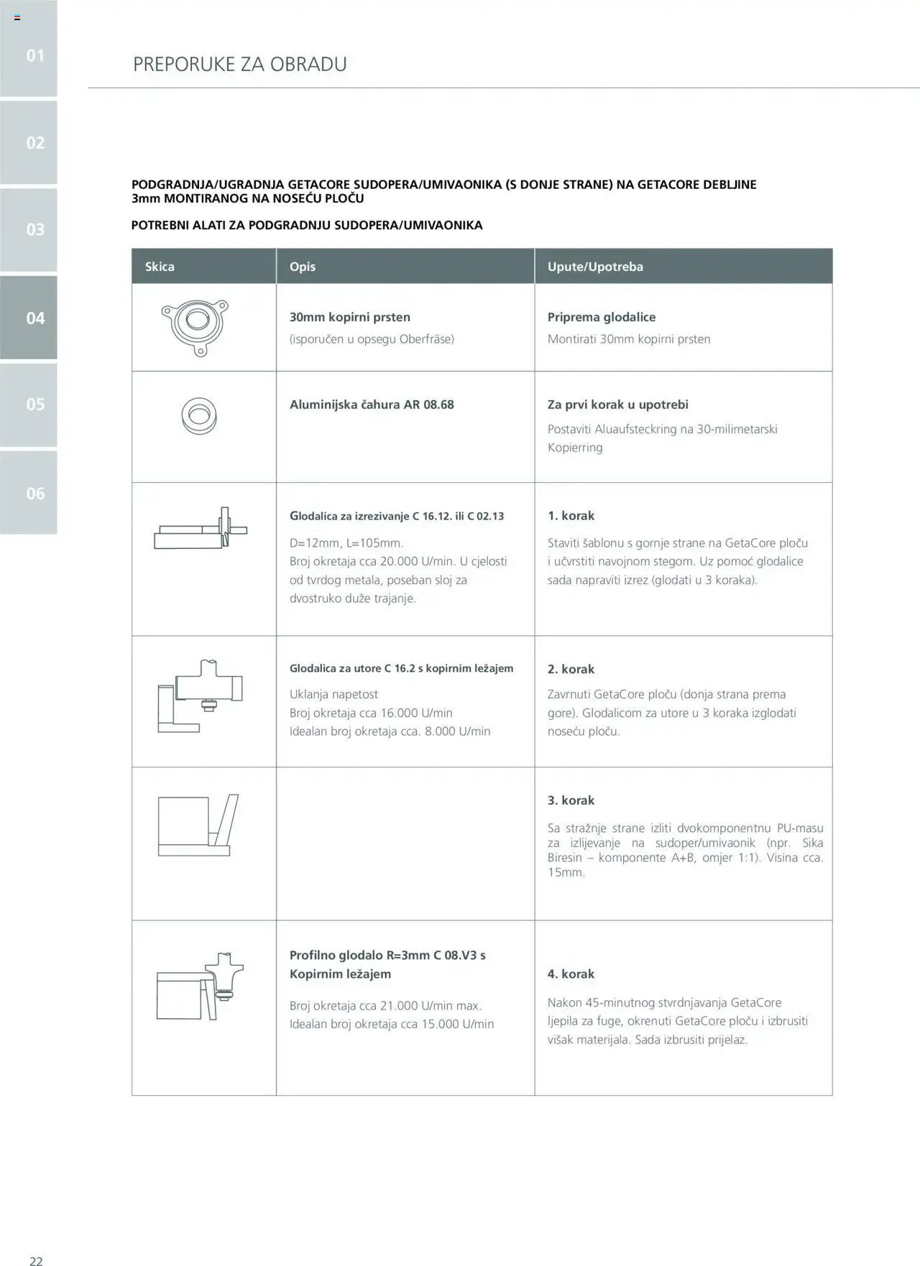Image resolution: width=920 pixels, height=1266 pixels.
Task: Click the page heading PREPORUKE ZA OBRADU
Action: click(x=239, y=64)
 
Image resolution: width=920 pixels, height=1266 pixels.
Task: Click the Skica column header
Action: click(x=160, y=267)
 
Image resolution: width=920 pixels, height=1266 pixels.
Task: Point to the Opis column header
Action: click(x=303, y=267)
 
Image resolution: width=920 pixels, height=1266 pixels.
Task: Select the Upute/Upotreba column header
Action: click(x=595, y=267)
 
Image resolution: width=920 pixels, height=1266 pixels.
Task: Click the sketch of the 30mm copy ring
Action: click(x=195, y=325)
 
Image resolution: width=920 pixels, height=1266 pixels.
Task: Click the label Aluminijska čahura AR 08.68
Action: click(x=372, y=405)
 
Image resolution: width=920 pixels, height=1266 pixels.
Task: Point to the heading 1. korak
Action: click(x=571, y=516)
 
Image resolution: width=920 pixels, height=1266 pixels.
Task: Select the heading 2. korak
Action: click(x=571, y=669)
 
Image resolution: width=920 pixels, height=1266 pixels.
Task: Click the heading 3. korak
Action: click(x=571, y=800)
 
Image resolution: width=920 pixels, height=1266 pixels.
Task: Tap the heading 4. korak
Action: click(x=571, y=974)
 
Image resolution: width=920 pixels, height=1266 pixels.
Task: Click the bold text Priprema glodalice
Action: click(x=601, y=317)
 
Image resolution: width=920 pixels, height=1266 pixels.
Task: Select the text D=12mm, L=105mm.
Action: click(x=346, y=543)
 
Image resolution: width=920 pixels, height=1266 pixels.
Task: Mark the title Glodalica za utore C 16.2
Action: click(x=401, y=668)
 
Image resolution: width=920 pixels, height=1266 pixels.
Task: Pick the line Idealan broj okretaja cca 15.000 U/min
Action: click(x=392, y=1024)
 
